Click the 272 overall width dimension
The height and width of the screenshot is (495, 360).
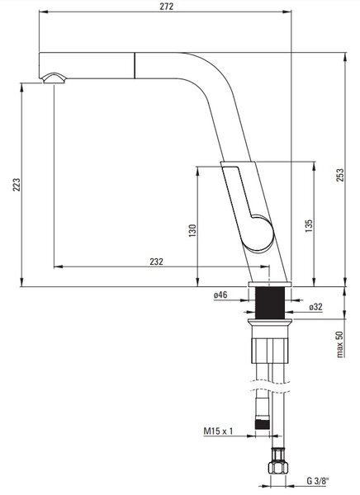[166, 7]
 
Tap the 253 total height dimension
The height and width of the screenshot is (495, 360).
[340, 175]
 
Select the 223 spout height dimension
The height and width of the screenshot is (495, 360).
[17, 185]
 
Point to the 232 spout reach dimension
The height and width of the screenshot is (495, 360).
[156, 262]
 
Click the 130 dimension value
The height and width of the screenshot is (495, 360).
[192, 230]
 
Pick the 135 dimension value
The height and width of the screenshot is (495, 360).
[309, 226]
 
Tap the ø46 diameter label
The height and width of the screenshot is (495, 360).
[220, 295]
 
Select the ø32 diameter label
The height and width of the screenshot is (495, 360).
[315, 307]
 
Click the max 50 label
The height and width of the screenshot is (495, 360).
[339, 344]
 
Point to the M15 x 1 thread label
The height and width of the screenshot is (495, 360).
[218, 431]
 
